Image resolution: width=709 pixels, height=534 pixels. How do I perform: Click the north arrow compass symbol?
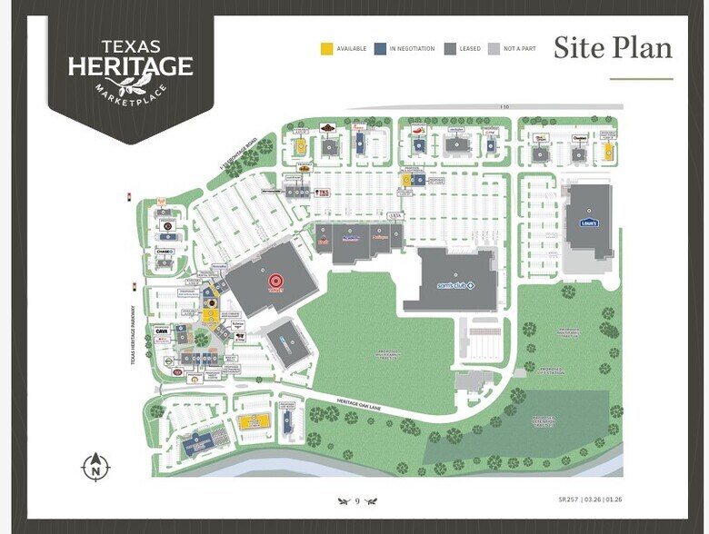[95, 467]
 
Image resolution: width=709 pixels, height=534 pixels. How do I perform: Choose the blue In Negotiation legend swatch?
[379, 48]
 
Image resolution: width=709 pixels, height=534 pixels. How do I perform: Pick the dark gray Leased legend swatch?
[449, 48]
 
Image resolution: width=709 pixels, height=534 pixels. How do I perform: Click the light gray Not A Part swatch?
[494, 48]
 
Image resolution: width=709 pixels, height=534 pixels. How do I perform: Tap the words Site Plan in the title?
[613, 47]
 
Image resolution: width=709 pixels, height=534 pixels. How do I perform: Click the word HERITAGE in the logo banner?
[131, 66]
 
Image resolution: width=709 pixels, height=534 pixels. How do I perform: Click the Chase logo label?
[164, 252]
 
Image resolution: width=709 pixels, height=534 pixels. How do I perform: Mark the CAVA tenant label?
[162, 332]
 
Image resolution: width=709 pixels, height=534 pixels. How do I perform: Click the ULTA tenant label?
[394, 215]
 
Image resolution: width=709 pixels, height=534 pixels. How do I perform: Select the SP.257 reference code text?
[568, 500]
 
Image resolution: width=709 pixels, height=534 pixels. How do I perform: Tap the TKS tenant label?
[322, 193]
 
